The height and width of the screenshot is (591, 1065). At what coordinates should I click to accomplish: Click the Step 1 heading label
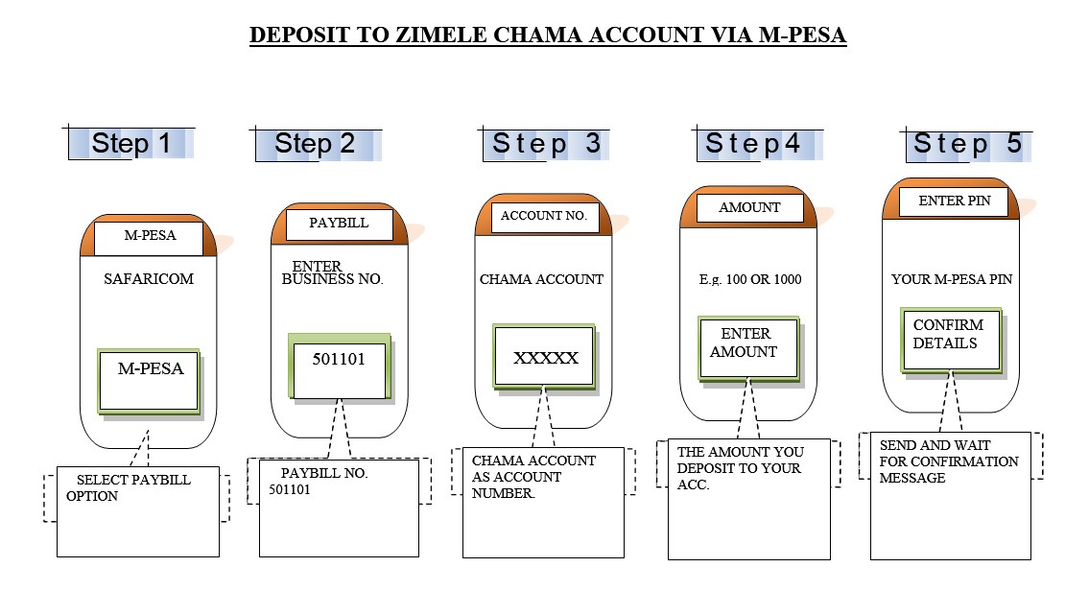[131, 144]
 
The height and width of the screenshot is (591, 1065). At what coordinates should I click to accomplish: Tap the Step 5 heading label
[967, 144]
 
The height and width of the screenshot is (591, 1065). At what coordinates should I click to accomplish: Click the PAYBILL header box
[340, 224]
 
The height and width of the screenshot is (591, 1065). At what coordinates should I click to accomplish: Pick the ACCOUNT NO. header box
[544, 217]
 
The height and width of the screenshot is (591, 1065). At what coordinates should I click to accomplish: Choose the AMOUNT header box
[749, 207]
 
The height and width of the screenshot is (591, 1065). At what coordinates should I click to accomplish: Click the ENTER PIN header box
[956, 201]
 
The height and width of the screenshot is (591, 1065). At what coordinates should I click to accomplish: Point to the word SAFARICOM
[149, 279]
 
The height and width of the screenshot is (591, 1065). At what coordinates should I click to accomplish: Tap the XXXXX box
[545, 358]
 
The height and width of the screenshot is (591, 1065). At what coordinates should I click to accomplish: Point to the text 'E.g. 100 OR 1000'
[750, 279]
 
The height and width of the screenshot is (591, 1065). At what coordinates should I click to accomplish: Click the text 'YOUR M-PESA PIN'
[952, 279]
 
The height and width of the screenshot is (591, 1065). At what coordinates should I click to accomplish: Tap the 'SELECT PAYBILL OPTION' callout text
[130, 487]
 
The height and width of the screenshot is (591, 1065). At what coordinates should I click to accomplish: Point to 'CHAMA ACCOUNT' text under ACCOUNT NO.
[542, 279]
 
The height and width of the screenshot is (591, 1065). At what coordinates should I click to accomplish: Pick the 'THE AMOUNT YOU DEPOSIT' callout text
[740, 467]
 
